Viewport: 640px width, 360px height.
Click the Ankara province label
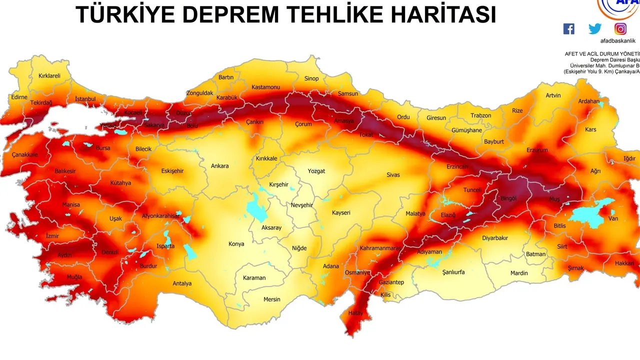pos(219,166)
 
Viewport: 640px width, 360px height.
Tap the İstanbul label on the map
pos(85,99)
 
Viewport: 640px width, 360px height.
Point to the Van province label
pos(613,219)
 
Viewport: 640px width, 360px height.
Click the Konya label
pos(236,244)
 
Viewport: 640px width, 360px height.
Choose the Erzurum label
pos(537,150)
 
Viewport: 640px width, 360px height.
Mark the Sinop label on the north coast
pos(311,78)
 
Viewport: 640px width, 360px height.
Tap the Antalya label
pos(182,283)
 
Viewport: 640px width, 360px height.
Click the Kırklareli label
pos(49,76)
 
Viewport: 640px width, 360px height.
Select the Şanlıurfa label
pos(453,272)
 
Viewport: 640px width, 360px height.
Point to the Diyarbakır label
pos(494,238)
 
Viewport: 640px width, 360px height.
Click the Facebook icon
pos(569,29)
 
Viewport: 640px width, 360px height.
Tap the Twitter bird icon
pos(595,29)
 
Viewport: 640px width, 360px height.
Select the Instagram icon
pos(620,29)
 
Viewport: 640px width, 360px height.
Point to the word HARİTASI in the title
pos(445,15)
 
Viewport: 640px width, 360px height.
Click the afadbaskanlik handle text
pos(617,41)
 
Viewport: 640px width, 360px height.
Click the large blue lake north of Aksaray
pos(256,207)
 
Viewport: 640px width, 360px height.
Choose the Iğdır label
pos(629,159)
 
